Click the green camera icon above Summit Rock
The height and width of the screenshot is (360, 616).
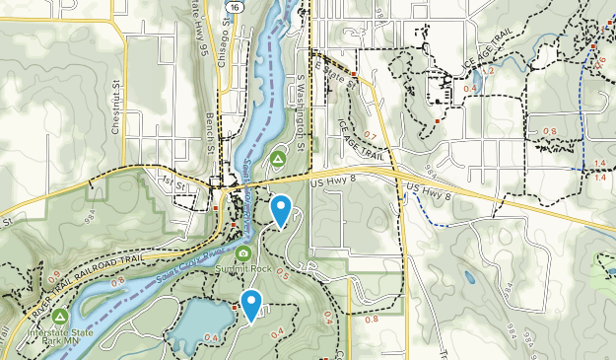pyautogui.click(x=243, y=253)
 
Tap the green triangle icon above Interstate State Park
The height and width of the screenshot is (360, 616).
pyautogui.click(x=60, y=317)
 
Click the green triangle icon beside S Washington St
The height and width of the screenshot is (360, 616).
pyautogui.click(x=279, y=158)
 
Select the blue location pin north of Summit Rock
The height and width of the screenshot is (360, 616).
pyautogui.click(x=282, y=209)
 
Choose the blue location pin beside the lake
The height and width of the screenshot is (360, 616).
pyautogui.click(x=252, y=305)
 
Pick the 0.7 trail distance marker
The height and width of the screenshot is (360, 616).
pyautogui.click(x=371, y=134)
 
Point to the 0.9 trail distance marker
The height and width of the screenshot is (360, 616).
pyautogui.click(x=52, y=275)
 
